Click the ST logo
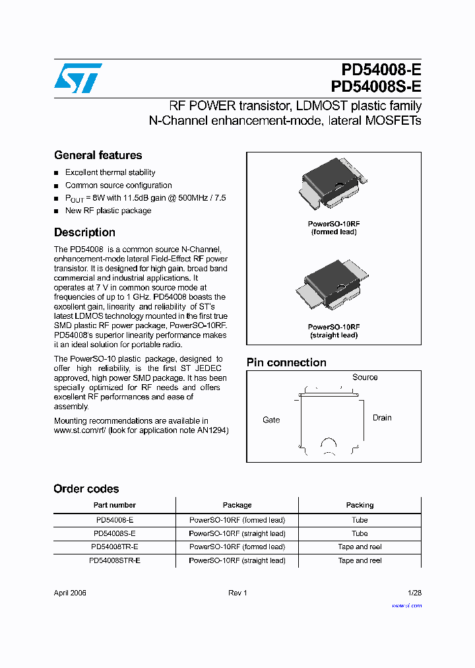77,78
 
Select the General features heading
98,155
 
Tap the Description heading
84,232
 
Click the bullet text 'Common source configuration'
118,185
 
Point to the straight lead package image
333,284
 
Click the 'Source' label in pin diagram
365,378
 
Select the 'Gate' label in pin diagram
271,420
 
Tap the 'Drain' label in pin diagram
382,418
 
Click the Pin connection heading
286,362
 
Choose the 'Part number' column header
114,505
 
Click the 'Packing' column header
360,505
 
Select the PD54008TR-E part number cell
114,547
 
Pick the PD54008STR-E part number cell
114,560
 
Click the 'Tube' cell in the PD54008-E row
360,520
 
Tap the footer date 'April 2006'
70,593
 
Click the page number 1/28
414,593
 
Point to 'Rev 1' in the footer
237,593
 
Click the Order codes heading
86,489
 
